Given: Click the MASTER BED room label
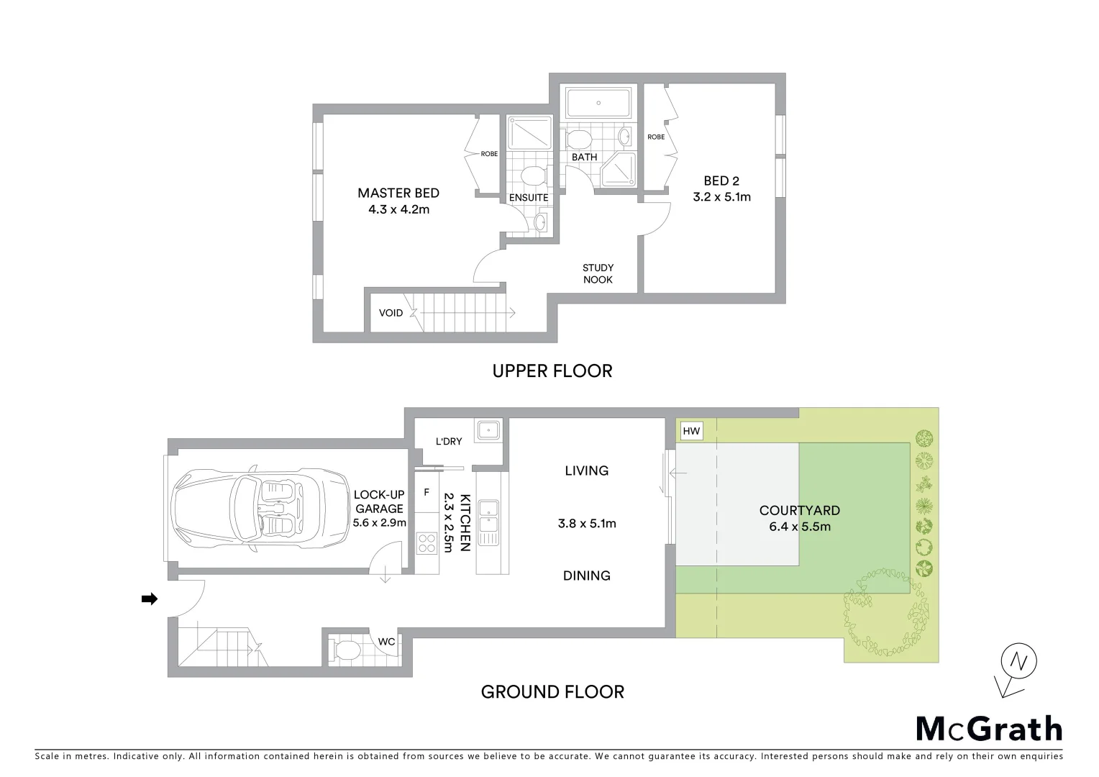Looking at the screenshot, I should pyautogui.click(x=398, y=193).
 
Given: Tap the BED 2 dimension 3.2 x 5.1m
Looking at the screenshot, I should pyautogui.click(x=721, y=197).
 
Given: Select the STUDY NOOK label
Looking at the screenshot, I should pyautogui.click(x=598, y=273).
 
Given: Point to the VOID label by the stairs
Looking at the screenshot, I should pyautogui.click(x=391, y=313).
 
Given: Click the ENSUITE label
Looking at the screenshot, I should pyautogui.click(x=529, y=198).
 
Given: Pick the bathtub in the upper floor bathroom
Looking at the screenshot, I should pyautogui.click(x=598, y=103).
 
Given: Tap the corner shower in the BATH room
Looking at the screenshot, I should pyautogui.click(x=619, y=170).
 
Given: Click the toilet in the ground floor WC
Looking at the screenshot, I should pyautogui.click(x=347, y=650).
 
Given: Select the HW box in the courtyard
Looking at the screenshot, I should pyautogui.click(x=690, y=431).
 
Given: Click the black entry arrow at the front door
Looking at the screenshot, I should pyautogui.click(x=150, y=599).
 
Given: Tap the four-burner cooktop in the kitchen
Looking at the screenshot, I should pyautogui.click(x=427, y=542).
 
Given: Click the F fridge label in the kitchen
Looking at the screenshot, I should pyautogui.click(x=427, y=493).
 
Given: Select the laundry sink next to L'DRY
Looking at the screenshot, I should pyautogui.click(x=491, y=430).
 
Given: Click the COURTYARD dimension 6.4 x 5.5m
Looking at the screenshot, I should pyautogui.click(x=799, y=527).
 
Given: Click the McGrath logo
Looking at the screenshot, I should pyautogui.click(x=989, y=729).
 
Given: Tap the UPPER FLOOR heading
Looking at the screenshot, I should pyautogui.click(x=552, y=371).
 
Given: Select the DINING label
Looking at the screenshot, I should pyautogui.click(x=586, y=576).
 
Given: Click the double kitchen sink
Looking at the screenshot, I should pyautogui.click(x=492, y=522).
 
